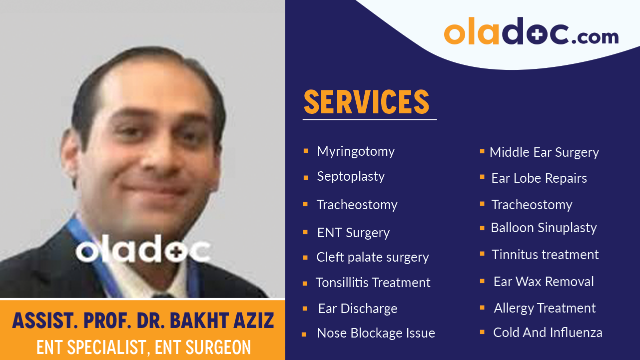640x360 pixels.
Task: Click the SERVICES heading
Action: pyautogui.click(x=366, y=102)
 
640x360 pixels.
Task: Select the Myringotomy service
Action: pyautogui.click(x=356, y=151)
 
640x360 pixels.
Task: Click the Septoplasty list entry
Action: pyautogui.click(x=351, y=176)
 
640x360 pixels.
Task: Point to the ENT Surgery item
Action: pyautogui.click(x=353, y=233)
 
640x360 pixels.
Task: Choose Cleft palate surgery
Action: pyautogui.click(x=372, y=257)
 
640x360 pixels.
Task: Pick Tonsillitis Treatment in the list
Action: pyautogui.click(x=373, y=283)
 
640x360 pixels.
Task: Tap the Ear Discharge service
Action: pyautogui.click(x=358, y=309)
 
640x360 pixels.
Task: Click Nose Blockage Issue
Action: pyautogui.click(x=376, y=333)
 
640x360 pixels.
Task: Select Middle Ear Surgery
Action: pyautogui.click(x=544, y=152)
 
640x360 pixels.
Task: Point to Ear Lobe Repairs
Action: pyautogui.click(x=539, y=178)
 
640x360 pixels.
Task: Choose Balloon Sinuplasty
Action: pyautogui.click(x=544, y=228)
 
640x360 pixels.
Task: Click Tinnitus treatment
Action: pyautogui.click(x=545, y=255)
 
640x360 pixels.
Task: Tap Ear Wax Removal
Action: pyautogui.click(x=544, y=282)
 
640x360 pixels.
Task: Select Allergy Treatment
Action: pyautogui.click(x=545, y=308)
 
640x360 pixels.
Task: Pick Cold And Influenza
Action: pyautogui.click(x=548, y=333)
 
